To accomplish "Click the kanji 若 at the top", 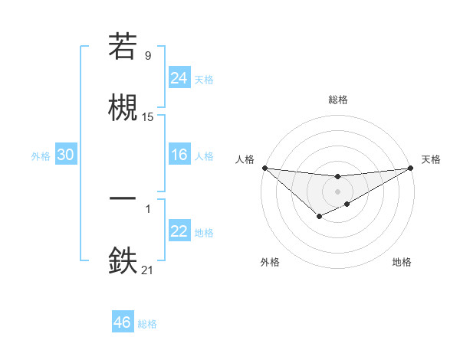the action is (123, 46).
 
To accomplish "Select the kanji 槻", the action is (123, 107).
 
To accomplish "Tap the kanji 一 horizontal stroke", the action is (123, 198).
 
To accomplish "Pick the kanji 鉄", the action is (123, 260).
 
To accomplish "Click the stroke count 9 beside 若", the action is (148, 55).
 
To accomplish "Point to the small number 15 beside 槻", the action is (147, 117).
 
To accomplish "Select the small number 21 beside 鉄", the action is (147, 270).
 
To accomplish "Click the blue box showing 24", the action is (179, 77).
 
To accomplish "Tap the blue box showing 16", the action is (179, 154).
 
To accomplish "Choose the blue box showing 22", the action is (179, 230).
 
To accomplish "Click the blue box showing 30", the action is (66, 154).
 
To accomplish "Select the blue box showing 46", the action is (123, 321).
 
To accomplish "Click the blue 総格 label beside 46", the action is (147, 324).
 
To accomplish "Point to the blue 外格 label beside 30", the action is (41, 156).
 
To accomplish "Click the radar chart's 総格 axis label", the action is (338, 100).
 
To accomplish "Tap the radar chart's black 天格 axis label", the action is (431, 159).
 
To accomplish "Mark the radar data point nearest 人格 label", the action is (265, 168).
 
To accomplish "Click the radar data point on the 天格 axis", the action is (411, 168).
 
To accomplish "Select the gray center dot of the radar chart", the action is (337, 191).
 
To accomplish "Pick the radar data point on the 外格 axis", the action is (320, 216).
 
